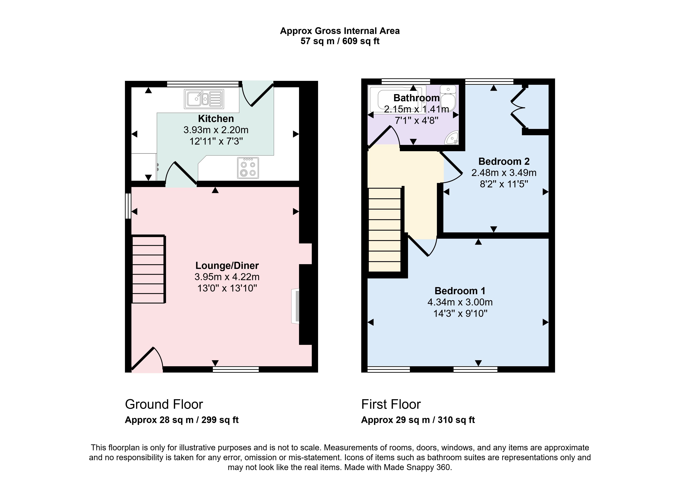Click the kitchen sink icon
(x=204, y=99)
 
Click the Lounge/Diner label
(x=227, y=266)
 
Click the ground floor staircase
(x=148, y=269)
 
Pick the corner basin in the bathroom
(x=452, y=138)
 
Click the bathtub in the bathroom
(x=397, y=99)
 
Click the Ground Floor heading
(x=164, y=404)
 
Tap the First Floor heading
(x=391, y=404)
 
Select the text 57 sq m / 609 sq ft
(x=340, y=41)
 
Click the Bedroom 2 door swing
(x=451, y=167)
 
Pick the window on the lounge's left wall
(x=128, y=206)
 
